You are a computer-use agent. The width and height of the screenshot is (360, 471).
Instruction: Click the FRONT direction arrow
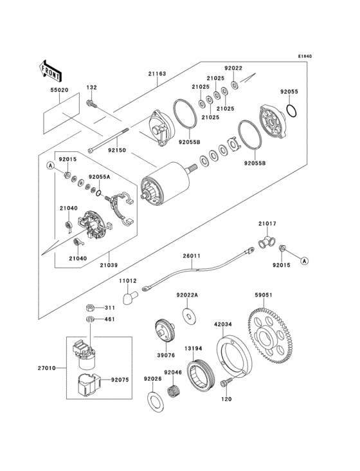pyautogui.click(x=50, y=71)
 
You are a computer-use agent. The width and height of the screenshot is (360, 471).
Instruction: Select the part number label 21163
pyautogui.click(x=157, y=73)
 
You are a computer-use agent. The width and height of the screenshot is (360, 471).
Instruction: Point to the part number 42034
pyautogui.click(x=223, y=324)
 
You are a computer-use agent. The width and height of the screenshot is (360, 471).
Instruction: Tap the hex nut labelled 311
pyautogui.click(x=90, y=308)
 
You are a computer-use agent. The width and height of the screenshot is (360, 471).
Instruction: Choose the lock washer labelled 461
pyautogui.click(x=90, y=319)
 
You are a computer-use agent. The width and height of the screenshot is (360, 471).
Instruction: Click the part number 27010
pyautogui.click(x=47, y=367)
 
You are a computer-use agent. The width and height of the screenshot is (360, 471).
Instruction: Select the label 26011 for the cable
pyautogui.click(x=192, y=256)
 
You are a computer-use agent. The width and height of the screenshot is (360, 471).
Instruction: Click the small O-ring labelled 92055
pyautogui.click(x=292, y=111)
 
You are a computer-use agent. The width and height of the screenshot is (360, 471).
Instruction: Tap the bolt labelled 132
pyautogui.click(x=91, y=104)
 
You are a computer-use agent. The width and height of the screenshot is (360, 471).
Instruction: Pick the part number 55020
pyautogui.click(x=59, y=90)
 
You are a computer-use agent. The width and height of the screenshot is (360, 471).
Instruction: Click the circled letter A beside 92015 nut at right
pyautogui.click(x=305, y=261)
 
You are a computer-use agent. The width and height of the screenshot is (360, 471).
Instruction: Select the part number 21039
pyautogui.click(x=109, y=265)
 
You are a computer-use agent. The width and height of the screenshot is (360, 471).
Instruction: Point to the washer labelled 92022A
pyautogui.click(x=190, y=317)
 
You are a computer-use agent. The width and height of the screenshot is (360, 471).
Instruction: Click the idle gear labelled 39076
pyautogui.click(x=165, y=331)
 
